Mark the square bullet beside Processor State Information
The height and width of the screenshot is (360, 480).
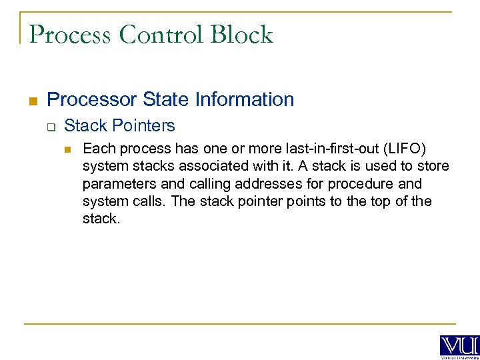coord(31,101)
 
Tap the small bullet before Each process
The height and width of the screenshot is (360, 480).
coord(68,149)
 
